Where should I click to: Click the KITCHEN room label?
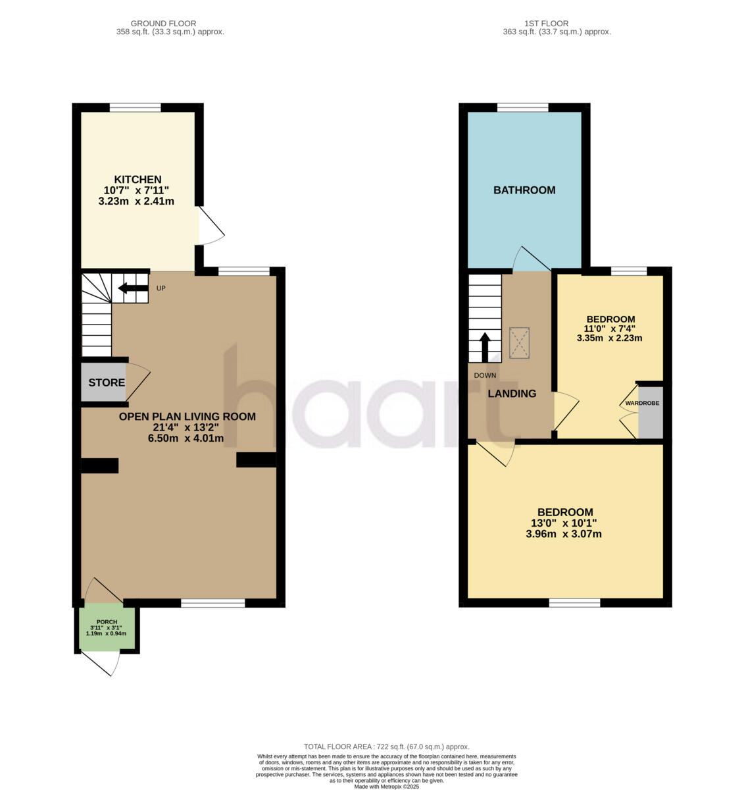pos(137,179)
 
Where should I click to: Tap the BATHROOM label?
pos(524,190)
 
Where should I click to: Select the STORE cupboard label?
pos(107,382)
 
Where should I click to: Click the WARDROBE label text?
pos(641,403)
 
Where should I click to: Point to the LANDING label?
pos(511,394)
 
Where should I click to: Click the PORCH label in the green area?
pos(107,622)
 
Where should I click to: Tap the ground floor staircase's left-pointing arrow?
pos(132,288)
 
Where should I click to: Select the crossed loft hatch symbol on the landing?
pos(519,343)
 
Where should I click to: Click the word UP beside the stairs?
pos(161,288)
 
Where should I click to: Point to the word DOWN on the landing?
pos(485,375)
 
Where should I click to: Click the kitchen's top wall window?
pos(135,107)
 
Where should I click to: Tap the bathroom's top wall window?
pos(522,107)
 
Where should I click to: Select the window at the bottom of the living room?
pos(212,602)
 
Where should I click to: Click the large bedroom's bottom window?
pos(574,602)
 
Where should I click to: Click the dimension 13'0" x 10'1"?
pos(564,523)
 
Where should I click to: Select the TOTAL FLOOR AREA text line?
pos(386,747)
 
